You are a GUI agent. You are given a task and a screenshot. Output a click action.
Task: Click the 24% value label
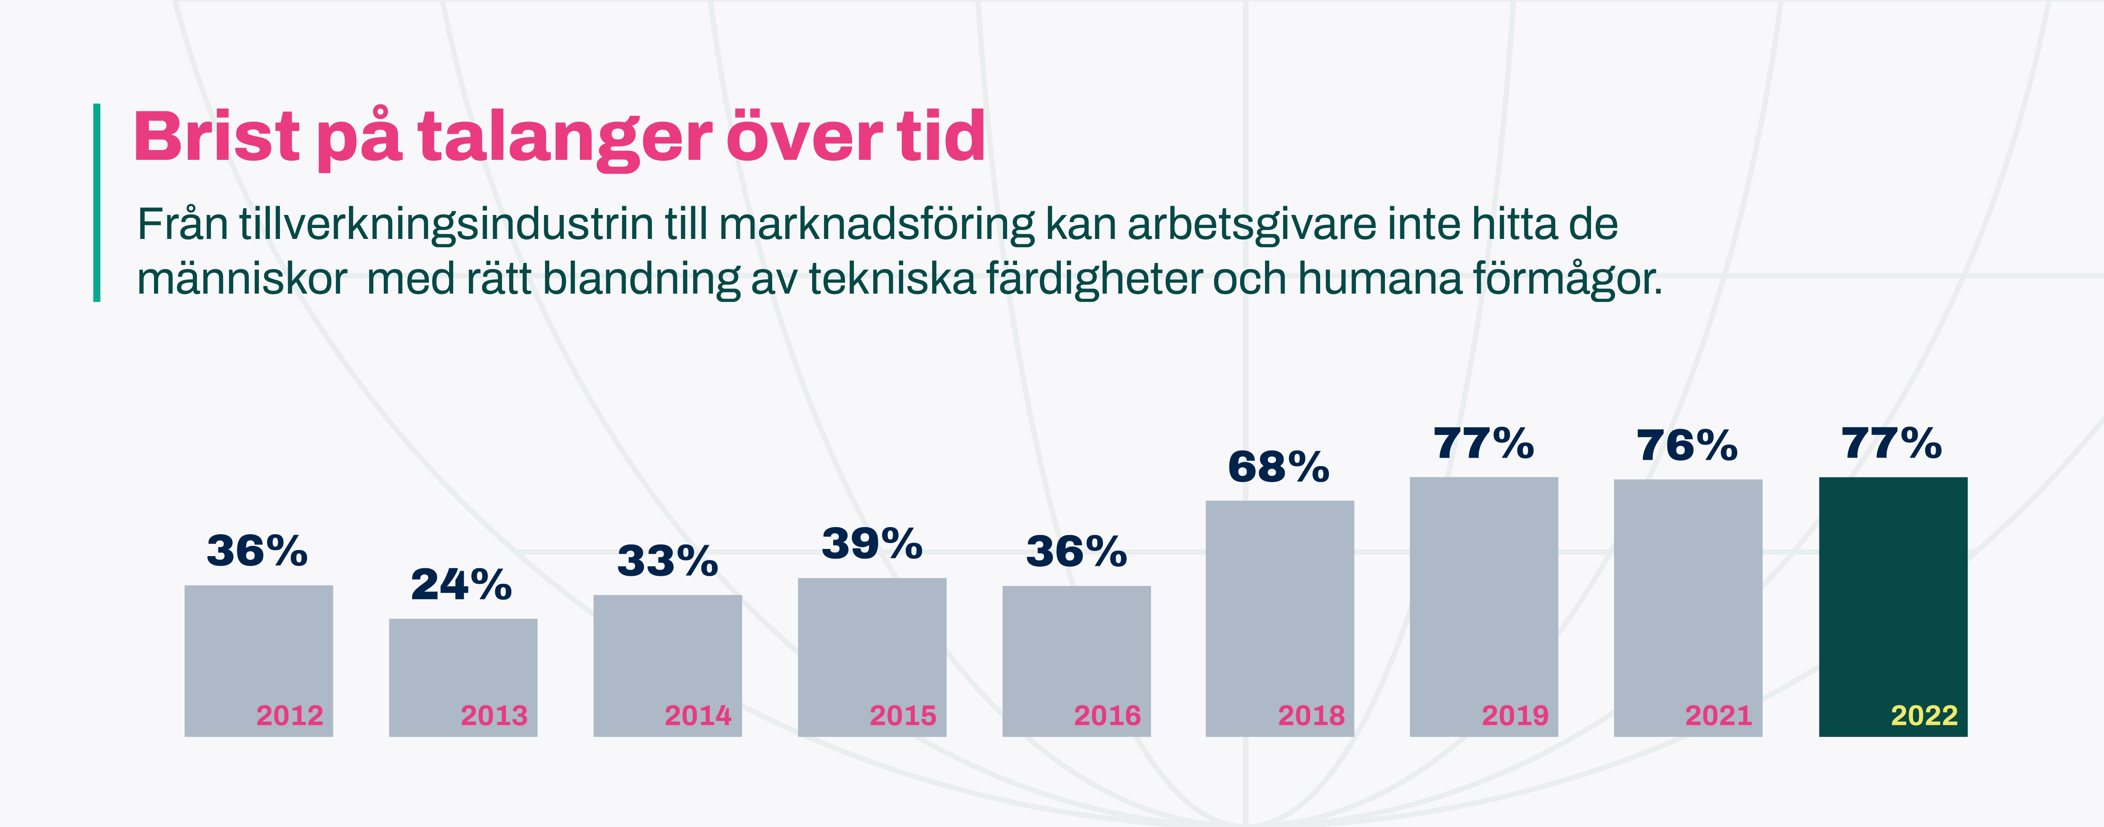click(462, 585)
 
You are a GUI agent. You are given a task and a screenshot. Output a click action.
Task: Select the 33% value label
click(667, 561)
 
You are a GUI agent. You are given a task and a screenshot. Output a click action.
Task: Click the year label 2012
click(290, 716)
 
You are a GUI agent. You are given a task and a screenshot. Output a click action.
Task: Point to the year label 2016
click(1107, 716)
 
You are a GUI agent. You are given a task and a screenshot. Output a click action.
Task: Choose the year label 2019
click(1515, 716)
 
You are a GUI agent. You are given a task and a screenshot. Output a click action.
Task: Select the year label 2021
click(1719, 716)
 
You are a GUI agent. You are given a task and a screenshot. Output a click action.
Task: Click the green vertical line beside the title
click(97, 202)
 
